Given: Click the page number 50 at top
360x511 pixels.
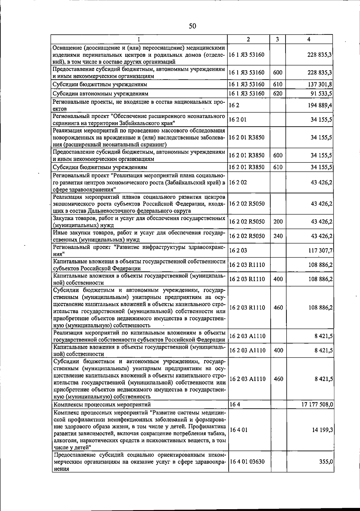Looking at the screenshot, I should [192, 26].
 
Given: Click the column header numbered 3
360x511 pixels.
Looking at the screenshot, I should [278, 39].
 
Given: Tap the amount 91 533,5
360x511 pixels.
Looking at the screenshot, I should [321, 94].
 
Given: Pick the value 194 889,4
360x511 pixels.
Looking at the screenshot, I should [320, 105].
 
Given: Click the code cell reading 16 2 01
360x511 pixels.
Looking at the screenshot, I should [238, 120].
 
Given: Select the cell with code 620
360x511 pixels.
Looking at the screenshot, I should [278, 94].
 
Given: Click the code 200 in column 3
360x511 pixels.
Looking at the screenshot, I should [278, 222].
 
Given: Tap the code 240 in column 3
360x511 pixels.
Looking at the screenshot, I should [278, 236].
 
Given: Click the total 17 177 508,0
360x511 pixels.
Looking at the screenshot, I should [317, 404].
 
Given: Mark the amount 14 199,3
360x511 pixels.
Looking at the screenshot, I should [322, 430].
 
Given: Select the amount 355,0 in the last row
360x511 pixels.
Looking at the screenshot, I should [326, 470].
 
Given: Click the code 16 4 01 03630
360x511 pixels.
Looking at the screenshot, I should [247, 470].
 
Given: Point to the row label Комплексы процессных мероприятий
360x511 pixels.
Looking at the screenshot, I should [102, 405].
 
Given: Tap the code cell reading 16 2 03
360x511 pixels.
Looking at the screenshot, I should [238, 250].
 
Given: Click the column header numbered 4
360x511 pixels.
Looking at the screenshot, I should [309, 39].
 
